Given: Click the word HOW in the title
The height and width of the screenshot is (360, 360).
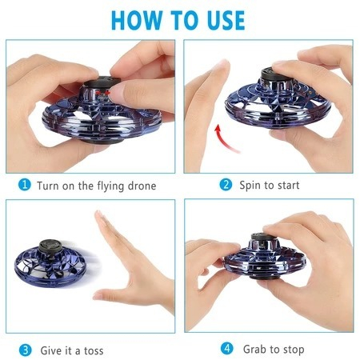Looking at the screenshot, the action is point(136,20).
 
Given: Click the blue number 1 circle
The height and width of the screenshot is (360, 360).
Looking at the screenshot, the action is point(25,185).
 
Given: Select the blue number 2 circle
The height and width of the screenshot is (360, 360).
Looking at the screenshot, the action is point(226,185).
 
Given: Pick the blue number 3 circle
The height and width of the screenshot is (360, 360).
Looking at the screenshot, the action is point(26,350).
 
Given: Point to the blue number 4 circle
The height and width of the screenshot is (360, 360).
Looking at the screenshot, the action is point(227,349).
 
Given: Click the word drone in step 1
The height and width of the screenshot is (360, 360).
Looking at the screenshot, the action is point(142,186).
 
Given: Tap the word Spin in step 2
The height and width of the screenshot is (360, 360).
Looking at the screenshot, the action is point(250,186).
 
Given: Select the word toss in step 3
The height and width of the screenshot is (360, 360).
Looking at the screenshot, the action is point(94,350).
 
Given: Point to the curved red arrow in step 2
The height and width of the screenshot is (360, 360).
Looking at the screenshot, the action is point(225,138).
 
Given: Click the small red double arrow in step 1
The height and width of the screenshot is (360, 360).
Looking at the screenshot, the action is point(103,93).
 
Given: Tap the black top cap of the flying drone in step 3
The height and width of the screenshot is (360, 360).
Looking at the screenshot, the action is point(50,246).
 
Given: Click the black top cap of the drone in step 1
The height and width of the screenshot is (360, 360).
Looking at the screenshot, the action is point(102,82).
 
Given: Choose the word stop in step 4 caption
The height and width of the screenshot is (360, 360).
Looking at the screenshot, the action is point(294,350).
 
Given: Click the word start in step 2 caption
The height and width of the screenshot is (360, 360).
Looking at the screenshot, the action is point(289,186).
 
